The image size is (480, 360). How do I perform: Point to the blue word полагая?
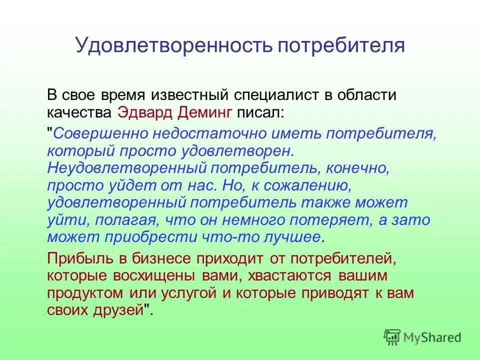(x=123, y=220)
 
